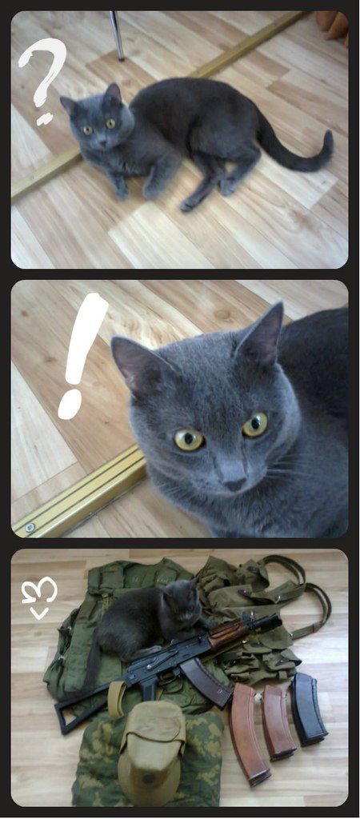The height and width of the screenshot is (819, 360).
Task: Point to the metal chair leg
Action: coord(117,34)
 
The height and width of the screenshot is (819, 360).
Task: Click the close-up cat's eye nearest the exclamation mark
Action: coord(189,439)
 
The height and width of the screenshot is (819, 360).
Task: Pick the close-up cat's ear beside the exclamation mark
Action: coord(138,366)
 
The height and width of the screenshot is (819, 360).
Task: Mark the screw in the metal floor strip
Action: coord(30,527)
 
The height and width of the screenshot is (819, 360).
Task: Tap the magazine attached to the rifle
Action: coord(207,681)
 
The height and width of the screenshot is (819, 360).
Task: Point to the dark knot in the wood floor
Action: coord(224,315)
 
